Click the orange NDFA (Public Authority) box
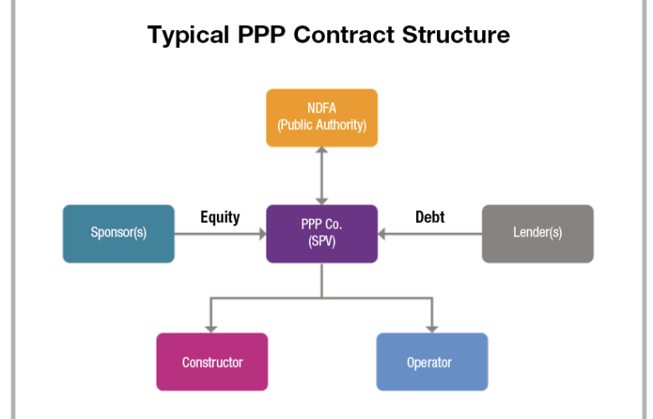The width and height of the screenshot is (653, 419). [x=321, y=117]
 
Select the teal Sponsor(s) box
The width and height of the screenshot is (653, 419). [x=119, y=233]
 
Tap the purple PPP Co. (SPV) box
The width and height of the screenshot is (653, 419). [x=321, y=233]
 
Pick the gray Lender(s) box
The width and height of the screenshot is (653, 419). [x=537, y=233]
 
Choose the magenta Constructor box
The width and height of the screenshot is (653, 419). [x=212, y=362]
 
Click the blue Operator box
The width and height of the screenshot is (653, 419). [x=431, y=362]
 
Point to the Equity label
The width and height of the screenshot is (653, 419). [x=220, y=217]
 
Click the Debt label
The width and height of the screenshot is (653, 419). [x=429, y=217]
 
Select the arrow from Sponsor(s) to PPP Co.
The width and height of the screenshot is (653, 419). [x=220, y=234]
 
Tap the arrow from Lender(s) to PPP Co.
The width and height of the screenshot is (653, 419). [x=429, y=234]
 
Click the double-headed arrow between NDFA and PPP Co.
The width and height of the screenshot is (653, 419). [x=321, y=175]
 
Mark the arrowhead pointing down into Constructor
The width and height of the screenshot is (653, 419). [x=212, y=327]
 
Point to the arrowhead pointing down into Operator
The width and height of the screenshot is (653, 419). [x=432, y=327]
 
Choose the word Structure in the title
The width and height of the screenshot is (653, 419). [x=456, y=35]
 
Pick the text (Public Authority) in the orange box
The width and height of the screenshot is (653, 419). [x=321, y=127]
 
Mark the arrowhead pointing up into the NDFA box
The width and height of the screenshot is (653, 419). [x=321, y=153]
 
